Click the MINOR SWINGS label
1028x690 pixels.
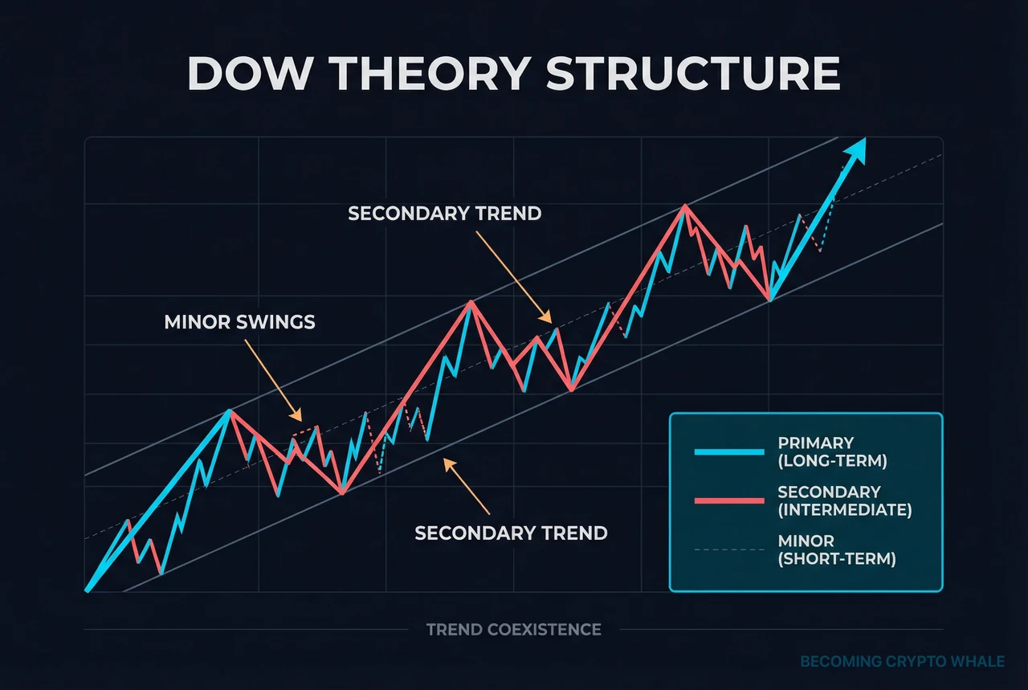tap(239, 323)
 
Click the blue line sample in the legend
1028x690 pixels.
tap(728, 452)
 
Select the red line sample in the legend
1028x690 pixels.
tap(728, 500)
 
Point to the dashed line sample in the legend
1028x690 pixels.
tap(728, 549)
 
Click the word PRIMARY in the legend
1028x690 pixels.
tap(815, 443)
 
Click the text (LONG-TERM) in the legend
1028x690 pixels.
tap(832, 461)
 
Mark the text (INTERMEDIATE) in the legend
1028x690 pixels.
tap(845, 510)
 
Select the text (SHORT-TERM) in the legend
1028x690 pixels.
tap(837, 559)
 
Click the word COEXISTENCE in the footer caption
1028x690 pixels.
tap(543, 630)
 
